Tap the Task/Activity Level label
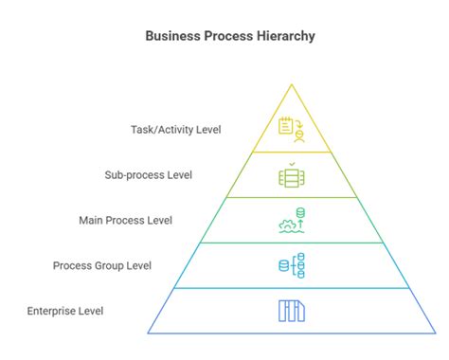tap(176, 129)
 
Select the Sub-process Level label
tap(148, 174)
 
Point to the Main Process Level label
tap(125, 220)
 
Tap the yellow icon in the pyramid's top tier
tap(291, 129)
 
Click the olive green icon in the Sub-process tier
tap(291, 175)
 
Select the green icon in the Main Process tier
tap(291, 220)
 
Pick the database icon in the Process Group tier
tap(291, 265)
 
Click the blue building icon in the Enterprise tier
tap(291, 311)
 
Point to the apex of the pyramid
tap(291, 82)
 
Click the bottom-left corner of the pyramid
tap(149, 333)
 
